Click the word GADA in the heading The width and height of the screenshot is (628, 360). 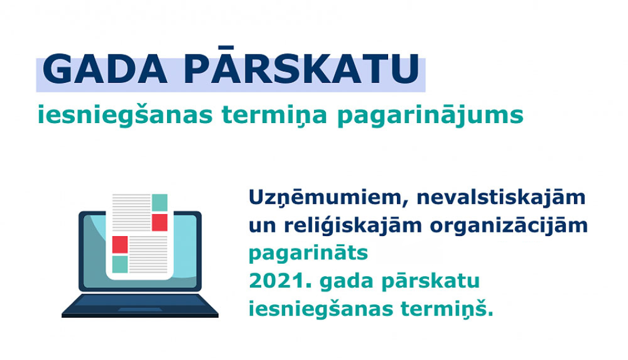(105, 69)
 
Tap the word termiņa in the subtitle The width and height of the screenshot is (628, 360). (274, 115)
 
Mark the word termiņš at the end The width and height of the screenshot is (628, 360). (446, 309)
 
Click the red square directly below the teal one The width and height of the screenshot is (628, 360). (160, 222)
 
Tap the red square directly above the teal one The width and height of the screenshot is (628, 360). (120, 244)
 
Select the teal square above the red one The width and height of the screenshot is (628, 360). (160, 203)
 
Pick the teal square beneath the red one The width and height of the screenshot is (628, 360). (120, 264)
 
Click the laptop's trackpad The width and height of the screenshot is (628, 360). (140, 309)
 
